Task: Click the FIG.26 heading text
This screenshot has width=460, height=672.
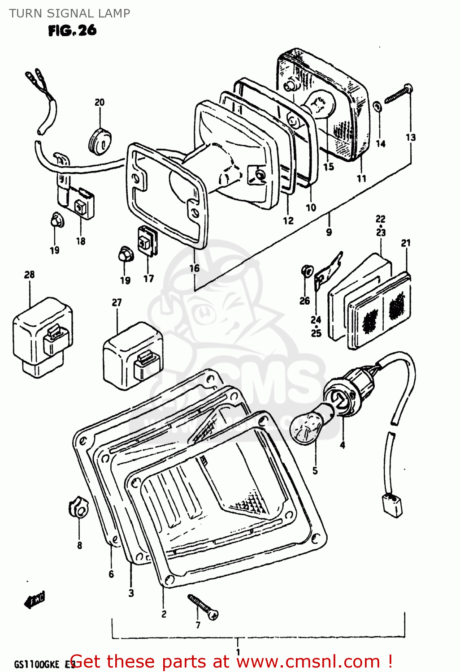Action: coord(72,30)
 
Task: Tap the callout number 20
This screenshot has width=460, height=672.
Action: coord(100,102)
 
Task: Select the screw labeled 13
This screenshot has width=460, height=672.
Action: coord(399,95)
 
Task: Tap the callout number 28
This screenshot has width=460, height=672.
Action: coord(29,274)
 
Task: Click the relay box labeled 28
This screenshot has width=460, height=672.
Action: coord(43,339)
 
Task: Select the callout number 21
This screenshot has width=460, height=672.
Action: coord(406,243)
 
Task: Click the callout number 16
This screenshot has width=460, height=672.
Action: coord(194,268)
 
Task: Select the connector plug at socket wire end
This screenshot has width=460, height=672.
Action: coord(392,504)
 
